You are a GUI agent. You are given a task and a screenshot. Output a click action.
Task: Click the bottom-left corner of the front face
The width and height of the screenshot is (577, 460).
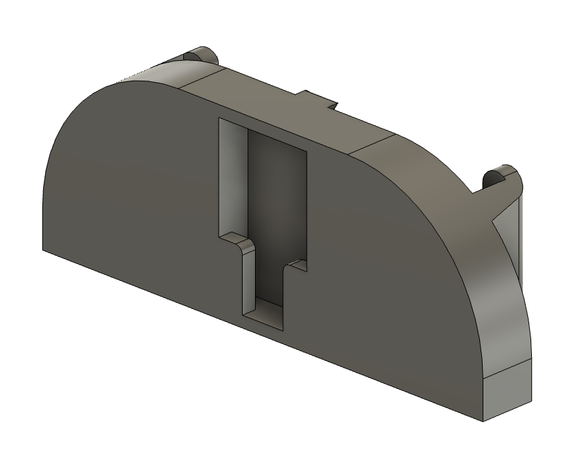tap(43, 249)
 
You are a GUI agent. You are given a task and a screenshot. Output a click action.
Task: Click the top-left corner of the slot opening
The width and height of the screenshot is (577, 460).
tap(219, 119)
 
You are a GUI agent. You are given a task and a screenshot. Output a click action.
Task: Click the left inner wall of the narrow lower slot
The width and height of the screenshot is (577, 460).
tap(250, 287)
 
